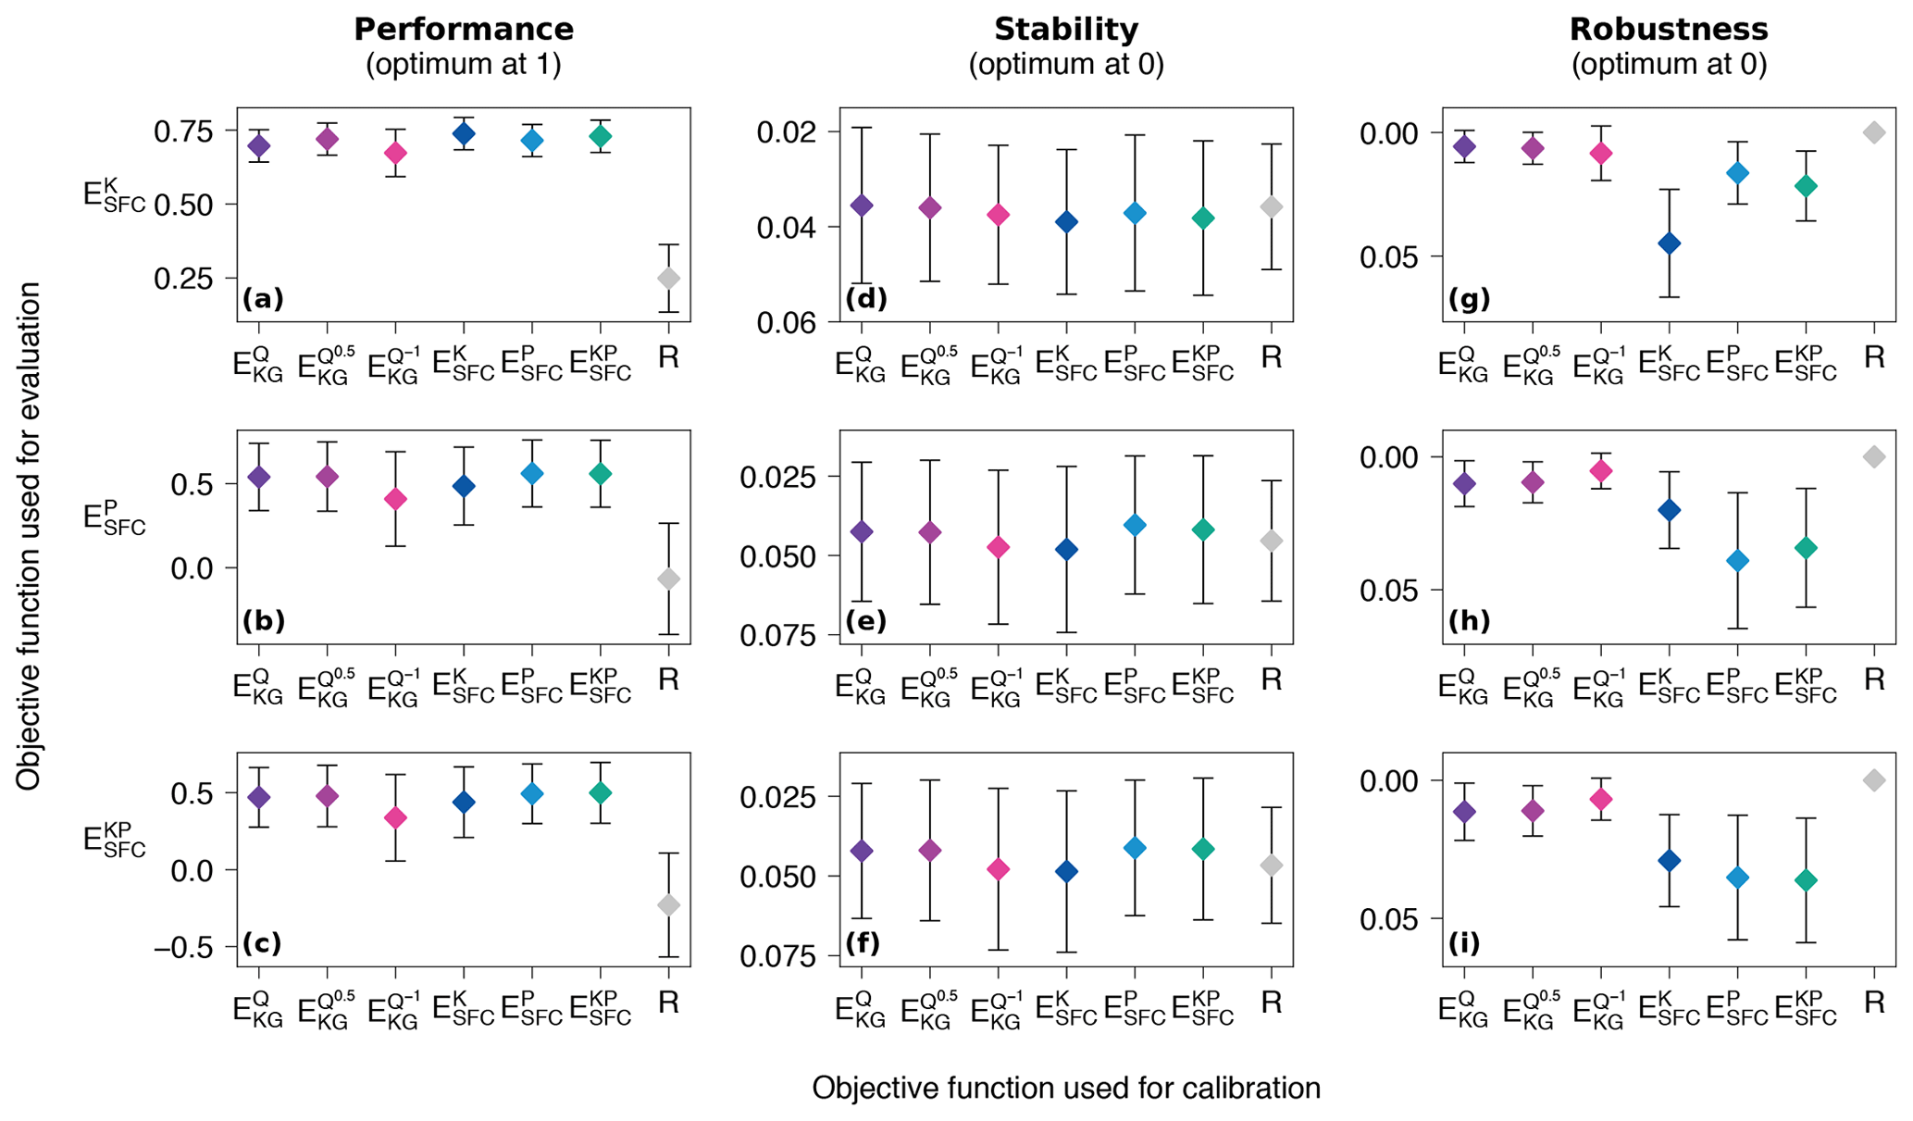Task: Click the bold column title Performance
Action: click(464, 30)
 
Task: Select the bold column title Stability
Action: click(1066, 30)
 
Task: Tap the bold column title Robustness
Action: click(1669, 30)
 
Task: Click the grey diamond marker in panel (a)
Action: click(668, 279)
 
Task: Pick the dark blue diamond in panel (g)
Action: click(1670, 243)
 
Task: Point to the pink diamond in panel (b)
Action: click(395, 500)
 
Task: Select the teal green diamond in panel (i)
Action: click(1806, 880)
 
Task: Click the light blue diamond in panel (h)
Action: click(1738, 561)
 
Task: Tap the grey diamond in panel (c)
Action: click(668, 905)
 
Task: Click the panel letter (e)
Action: click(866, 621)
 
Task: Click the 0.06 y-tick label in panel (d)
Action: click(787, 322)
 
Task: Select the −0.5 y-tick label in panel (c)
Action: click(184, 947)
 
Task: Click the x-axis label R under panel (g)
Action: click(1874, 358)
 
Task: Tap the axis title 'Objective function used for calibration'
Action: click(1066, 1088)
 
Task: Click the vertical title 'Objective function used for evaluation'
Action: click(29, 537)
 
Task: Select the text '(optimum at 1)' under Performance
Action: click(464, 65)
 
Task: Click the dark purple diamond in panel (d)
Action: click(862, 206)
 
